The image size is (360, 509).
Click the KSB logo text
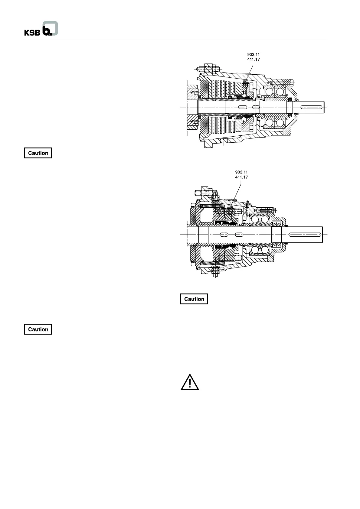[32, 32]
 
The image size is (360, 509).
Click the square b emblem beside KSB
[50, 29]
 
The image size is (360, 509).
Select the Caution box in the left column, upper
[38, 153]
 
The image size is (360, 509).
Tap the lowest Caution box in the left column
[38, 329]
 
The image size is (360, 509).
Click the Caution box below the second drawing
[194, 299]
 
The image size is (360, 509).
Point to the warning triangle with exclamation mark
[190, 382]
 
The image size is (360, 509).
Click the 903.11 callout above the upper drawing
[254, 55]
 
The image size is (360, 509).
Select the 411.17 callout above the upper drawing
[254, 60]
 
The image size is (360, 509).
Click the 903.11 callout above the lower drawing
[241, 172]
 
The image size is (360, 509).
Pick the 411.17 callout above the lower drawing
[241, 177]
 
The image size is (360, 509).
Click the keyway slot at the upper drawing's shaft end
[311, 107]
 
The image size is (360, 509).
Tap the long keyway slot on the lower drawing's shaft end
[305, 235]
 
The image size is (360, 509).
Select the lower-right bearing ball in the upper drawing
[280, 122]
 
